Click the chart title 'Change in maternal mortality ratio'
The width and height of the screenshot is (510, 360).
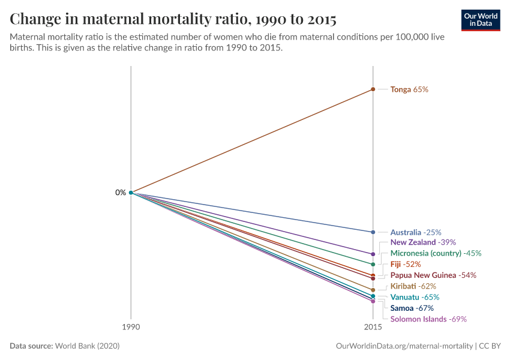point(173,19)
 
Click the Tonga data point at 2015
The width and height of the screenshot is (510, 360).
point(373,89)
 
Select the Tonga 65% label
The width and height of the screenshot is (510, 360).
point(409,89)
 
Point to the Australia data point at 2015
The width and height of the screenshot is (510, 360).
point(373,232)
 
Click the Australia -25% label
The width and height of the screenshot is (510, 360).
point(416,232)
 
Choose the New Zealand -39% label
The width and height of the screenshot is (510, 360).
point(423,242)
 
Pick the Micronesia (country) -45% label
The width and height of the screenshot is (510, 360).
point(436,253)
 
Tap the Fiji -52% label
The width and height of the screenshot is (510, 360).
point(406,264)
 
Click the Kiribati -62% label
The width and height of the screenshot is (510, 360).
point(413,286)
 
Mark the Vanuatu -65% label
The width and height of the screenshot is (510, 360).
point(415,297)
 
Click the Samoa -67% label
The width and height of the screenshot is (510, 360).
point(412,308)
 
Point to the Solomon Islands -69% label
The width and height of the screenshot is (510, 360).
point(428,319)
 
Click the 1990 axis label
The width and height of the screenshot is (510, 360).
point(131,328)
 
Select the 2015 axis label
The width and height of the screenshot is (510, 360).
point(373,328)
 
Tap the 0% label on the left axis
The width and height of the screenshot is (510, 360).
point(121,193)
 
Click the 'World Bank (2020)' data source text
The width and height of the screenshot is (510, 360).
point(91,346)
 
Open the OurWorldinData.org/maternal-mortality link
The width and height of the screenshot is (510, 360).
point(403,346)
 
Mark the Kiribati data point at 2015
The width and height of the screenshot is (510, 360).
point(373,290)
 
